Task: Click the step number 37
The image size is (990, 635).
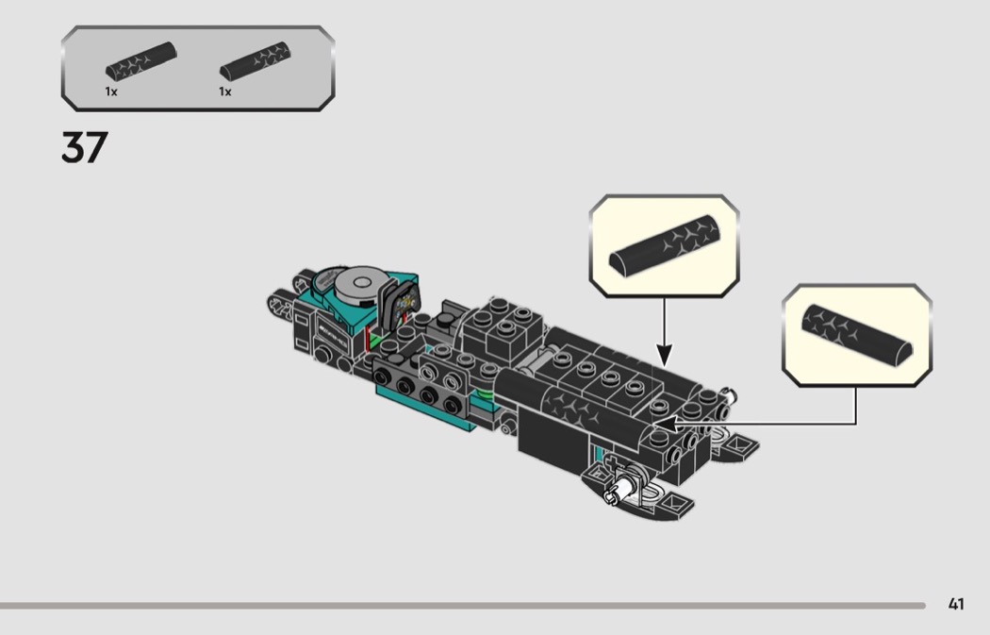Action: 85,148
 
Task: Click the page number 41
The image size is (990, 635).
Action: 956,604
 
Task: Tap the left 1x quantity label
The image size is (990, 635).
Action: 111,92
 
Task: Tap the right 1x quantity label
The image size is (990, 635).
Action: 225,92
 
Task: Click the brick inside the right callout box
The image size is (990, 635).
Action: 857,334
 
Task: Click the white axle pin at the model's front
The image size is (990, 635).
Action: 622,491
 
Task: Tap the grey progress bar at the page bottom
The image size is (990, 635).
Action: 462,605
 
